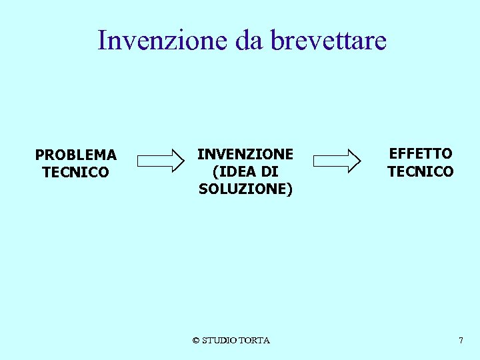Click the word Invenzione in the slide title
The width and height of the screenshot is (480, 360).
pyautogui.click(x=163, y=40)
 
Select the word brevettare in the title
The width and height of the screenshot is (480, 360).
pyautogui.click(x=329, y=40)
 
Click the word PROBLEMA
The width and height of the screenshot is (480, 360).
pyautogui.click(x=76, y=155)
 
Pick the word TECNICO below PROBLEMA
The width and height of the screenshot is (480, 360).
pyautogui.click(x=75, y=173)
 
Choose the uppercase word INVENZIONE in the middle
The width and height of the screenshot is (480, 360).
pyautogui.click(x=245, y=154)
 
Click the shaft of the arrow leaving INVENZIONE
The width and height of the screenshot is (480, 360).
pyautogui.click(x=331, y=160)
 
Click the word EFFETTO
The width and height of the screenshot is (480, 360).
pyautogui.click(x=421, y=154)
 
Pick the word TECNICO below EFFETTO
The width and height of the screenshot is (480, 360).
pyautogui.click(x=421, y=171)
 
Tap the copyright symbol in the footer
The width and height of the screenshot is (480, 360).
pyautogui.click(x=196, y=341)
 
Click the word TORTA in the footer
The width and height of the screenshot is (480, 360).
pyautogui.click(x=256, y=341)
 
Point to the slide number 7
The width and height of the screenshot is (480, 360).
pyautogui.click(x=461, y=341)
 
